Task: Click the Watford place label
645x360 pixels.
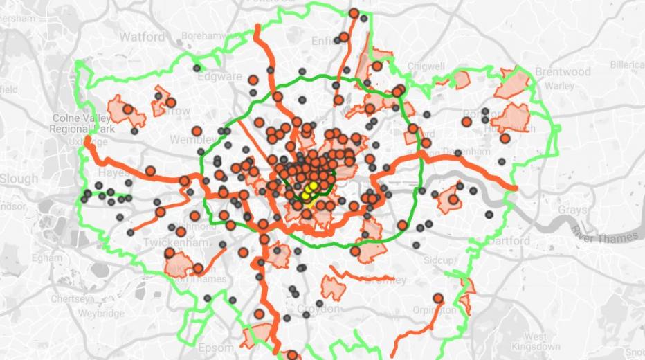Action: coord(143,36)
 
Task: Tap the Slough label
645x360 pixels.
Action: coord(19,179)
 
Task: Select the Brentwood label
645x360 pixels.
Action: coord(563,71)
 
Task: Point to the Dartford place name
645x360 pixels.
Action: coord(508,241)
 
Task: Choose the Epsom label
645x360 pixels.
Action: coord(216,347)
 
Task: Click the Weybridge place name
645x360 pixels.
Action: coord(101,313)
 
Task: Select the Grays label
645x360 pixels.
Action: coord(572,209)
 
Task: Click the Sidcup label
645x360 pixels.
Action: coord(440,260)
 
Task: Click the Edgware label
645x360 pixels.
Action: coord(220,76)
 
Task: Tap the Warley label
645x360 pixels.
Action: coord(559,86)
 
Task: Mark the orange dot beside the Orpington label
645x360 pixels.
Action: coord(438,298)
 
